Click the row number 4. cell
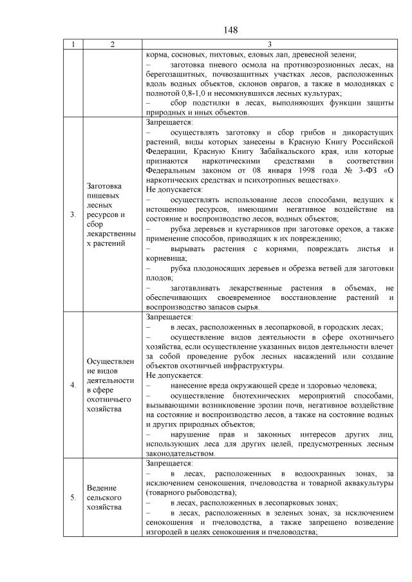pyautogui.click(x=73, y=385)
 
